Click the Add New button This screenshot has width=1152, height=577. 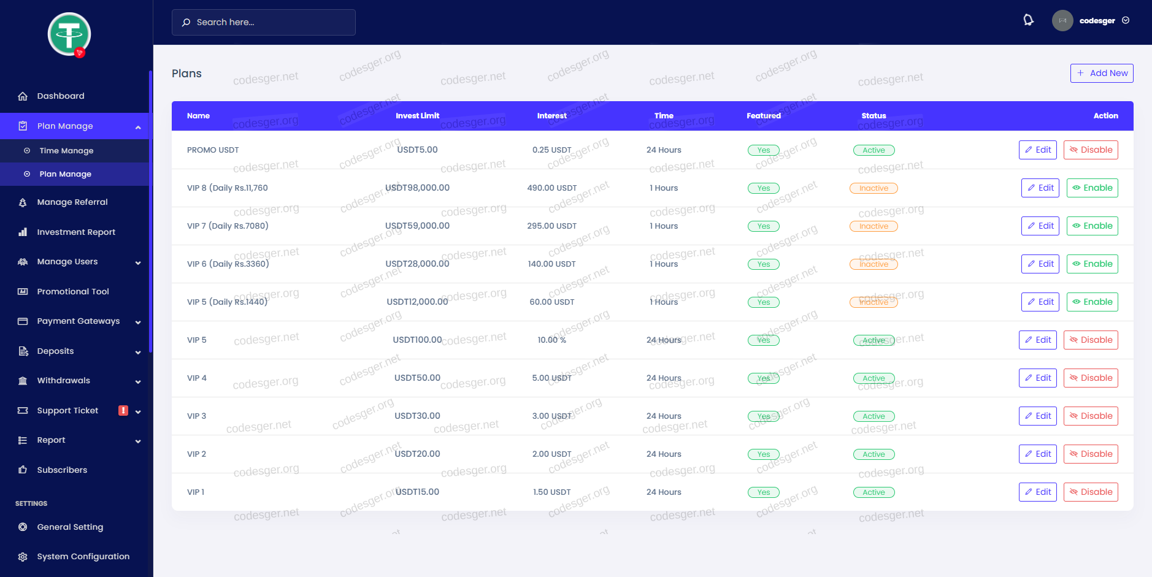pyautogui.click(x=1102, y=73)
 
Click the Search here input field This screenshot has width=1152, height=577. pyautogui.click(x=264, y=22)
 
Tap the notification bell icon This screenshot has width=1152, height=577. pyautogui.click(x=1028, y=20)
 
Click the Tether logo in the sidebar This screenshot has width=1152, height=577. pyautogui.click(x=69, y=34)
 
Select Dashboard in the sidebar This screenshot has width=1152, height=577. pyautogui.click(x=60, y=96)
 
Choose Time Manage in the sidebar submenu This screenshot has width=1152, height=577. pyautogui.click(x=66, y=151)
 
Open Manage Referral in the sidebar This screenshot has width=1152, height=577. pyautogui.click(x=72, y=202)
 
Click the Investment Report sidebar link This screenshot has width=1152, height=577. pyautogui.click(x=75, y=232)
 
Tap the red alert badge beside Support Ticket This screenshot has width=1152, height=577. pyautogui.click(x=123, y=411)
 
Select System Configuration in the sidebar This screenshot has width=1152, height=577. pyautogui.click(x=83, y=557)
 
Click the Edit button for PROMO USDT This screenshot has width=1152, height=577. pyautogui.click(x=1037, y=150)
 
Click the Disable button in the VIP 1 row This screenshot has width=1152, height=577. pyautogui.click(x=1091, y=492)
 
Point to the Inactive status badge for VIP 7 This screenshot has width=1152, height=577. pyautogui.click(x=874, y=226)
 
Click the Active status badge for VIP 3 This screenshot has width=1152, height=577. pyautogui.click(x=874, y=416)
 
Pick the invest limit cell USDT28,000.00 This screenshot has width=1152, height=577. pyautogui.click(x=417, y=264)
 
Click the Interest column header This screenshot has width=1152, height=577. pyautogui.click(x=551, y=116)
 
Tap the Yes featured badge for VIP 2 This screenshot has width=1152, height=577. pyautogui.click(x=763, y=454)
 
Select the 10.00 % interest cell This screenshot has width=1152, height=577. pyautogui.click(x=551, y=340)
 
